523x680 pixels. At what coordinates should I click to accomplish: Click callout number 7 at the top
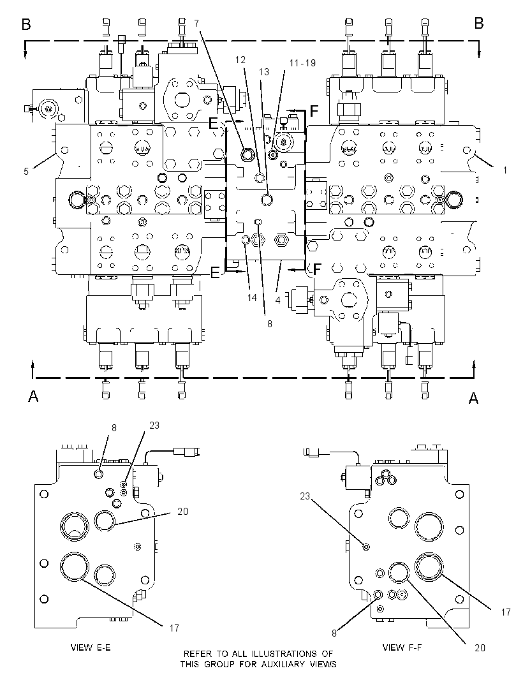[x=196, y=23]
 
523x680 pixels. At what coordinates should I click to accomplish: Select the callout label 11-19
[x=302, y=63]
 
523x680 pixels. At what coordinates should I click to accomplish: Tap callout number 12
[x=240, y=60]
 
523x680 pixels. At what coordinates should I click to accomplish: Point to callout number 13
[x=264, y=72]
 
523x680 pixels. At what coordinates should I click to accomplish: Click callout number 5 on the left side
[x=26, y=172]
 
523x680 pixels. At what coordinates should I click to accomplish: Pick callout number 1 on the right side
[x=505, y=170]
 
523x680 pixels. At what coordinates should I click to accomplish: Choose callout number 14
[x=252, y=297]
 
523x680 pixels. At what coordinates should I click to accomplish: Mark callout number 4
[x=277, y=300]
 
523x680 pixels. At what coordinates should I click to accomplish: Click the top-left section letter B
[x=26, y=24]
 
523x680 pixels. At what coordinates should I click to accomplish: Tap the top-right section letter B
[x=479, y=24]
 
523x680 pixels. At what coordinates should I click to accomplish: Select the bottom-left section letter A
[x=33, y=396]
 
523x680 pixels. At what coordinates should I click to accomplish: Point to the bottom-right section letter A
[x=473, y=398]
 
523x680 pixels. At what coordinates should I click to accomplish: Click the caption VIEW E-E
[x=91, y=647]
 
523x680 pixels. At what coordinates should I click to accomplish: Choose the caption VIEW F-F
[x=402, y=647]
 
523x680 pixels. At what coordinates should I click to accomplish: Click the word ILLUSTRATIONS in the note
[x=284, y=654]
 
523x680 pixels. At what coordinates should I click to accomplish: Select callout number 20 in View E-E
[x=183, y=512]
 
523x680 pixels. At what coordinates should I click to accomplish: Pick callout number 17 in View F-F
[x=506, y=612]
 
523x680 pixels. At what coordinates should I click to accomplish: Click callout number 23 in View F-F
[x=305, y=496]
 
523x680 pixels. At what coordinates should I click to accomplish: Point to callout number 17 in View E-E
[x=174, y=628]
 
